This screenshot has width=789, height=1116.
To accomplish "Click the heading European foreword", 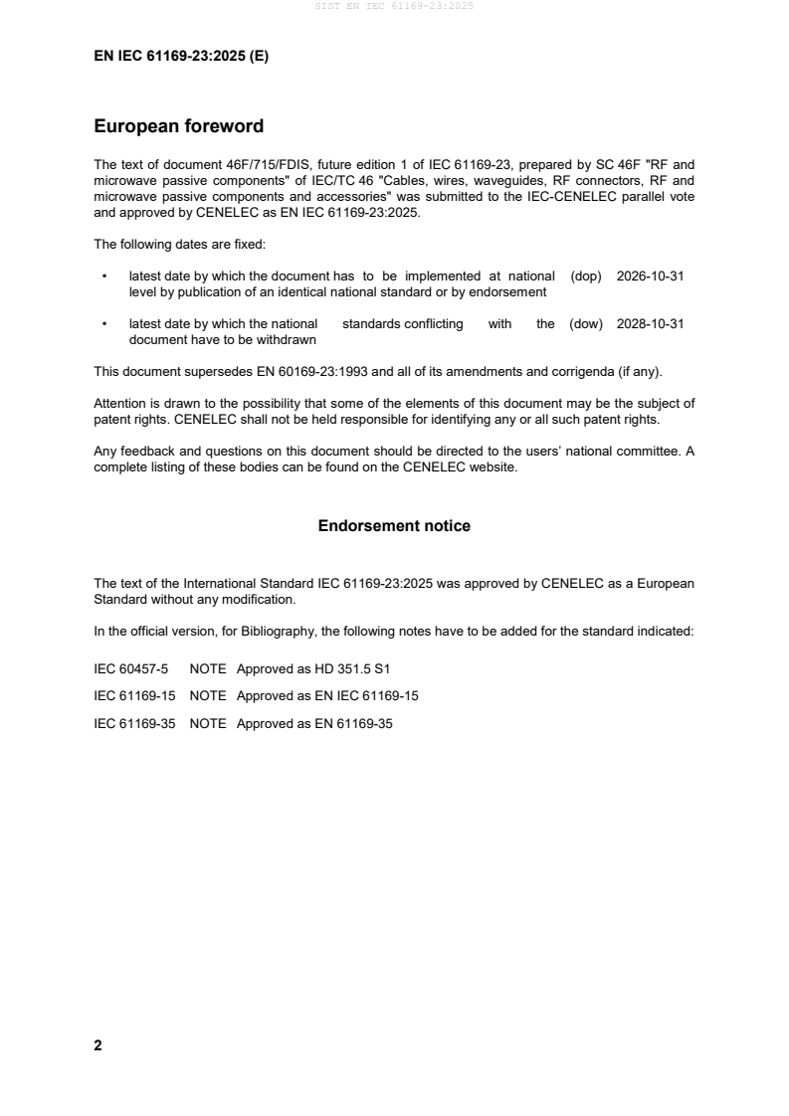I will pyautogui.click(x=178, y=126).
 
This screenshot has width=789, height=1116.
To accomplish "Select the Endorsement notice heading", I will pyautogui.click(x=394, y=525).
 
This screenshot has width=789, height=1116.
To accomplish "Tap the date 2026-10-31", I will pyautogui.click(x=650, y=277).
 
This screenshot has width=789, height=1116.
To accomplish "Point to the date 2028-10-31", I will pyautogui.click(x=650, y=323).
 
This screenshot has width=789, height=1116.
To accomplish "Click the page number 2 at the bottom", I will pyautogui.click(x=98, y=1045).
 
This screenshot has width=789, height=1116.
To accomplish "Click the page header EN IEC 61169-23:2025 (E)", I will pyautogui.click(x=181, y=57).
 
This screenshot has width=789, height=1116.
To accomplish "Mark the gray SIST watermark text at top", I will pyautogui.click(x=394, y=6).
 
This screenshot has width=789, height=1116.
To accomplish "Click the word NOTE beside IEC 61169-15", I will pyautogui.click(x=208, y=696).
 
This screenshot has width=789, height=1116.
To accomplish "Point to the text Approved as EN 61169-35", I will pyautogui.click(x=314, y=724).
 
